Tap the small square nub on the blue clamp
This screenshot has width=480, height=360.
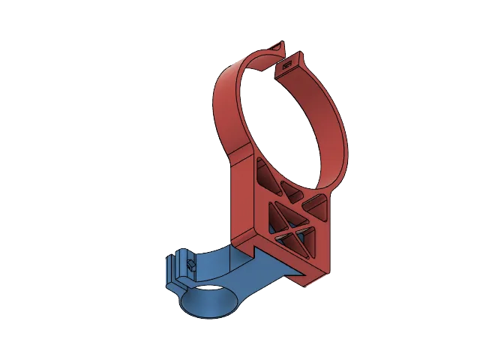[190, 265]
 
